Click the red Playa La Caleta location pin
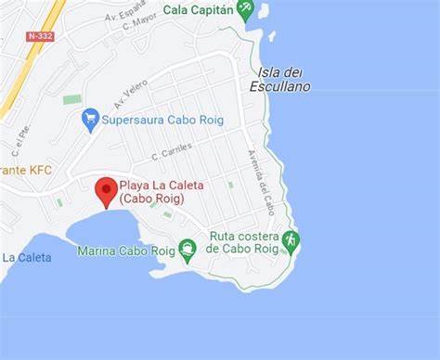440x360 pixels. (x=106, y=190)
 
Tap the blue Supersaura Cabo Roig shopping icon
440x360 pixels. (x=90, y=118)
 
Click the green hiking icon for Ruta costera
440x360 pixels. (x=291, y=241)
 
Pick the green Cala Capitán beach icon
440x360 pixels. (x=245, y=10)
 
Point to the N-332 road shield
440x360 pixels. (x=39, y=36)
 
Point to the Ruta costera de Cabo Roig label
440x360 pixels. (x=244, y=242)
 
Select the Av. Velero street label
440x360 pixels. (x=131, y=93)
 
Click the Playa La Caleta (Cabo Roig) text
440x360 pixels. (x=161, y=191)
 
